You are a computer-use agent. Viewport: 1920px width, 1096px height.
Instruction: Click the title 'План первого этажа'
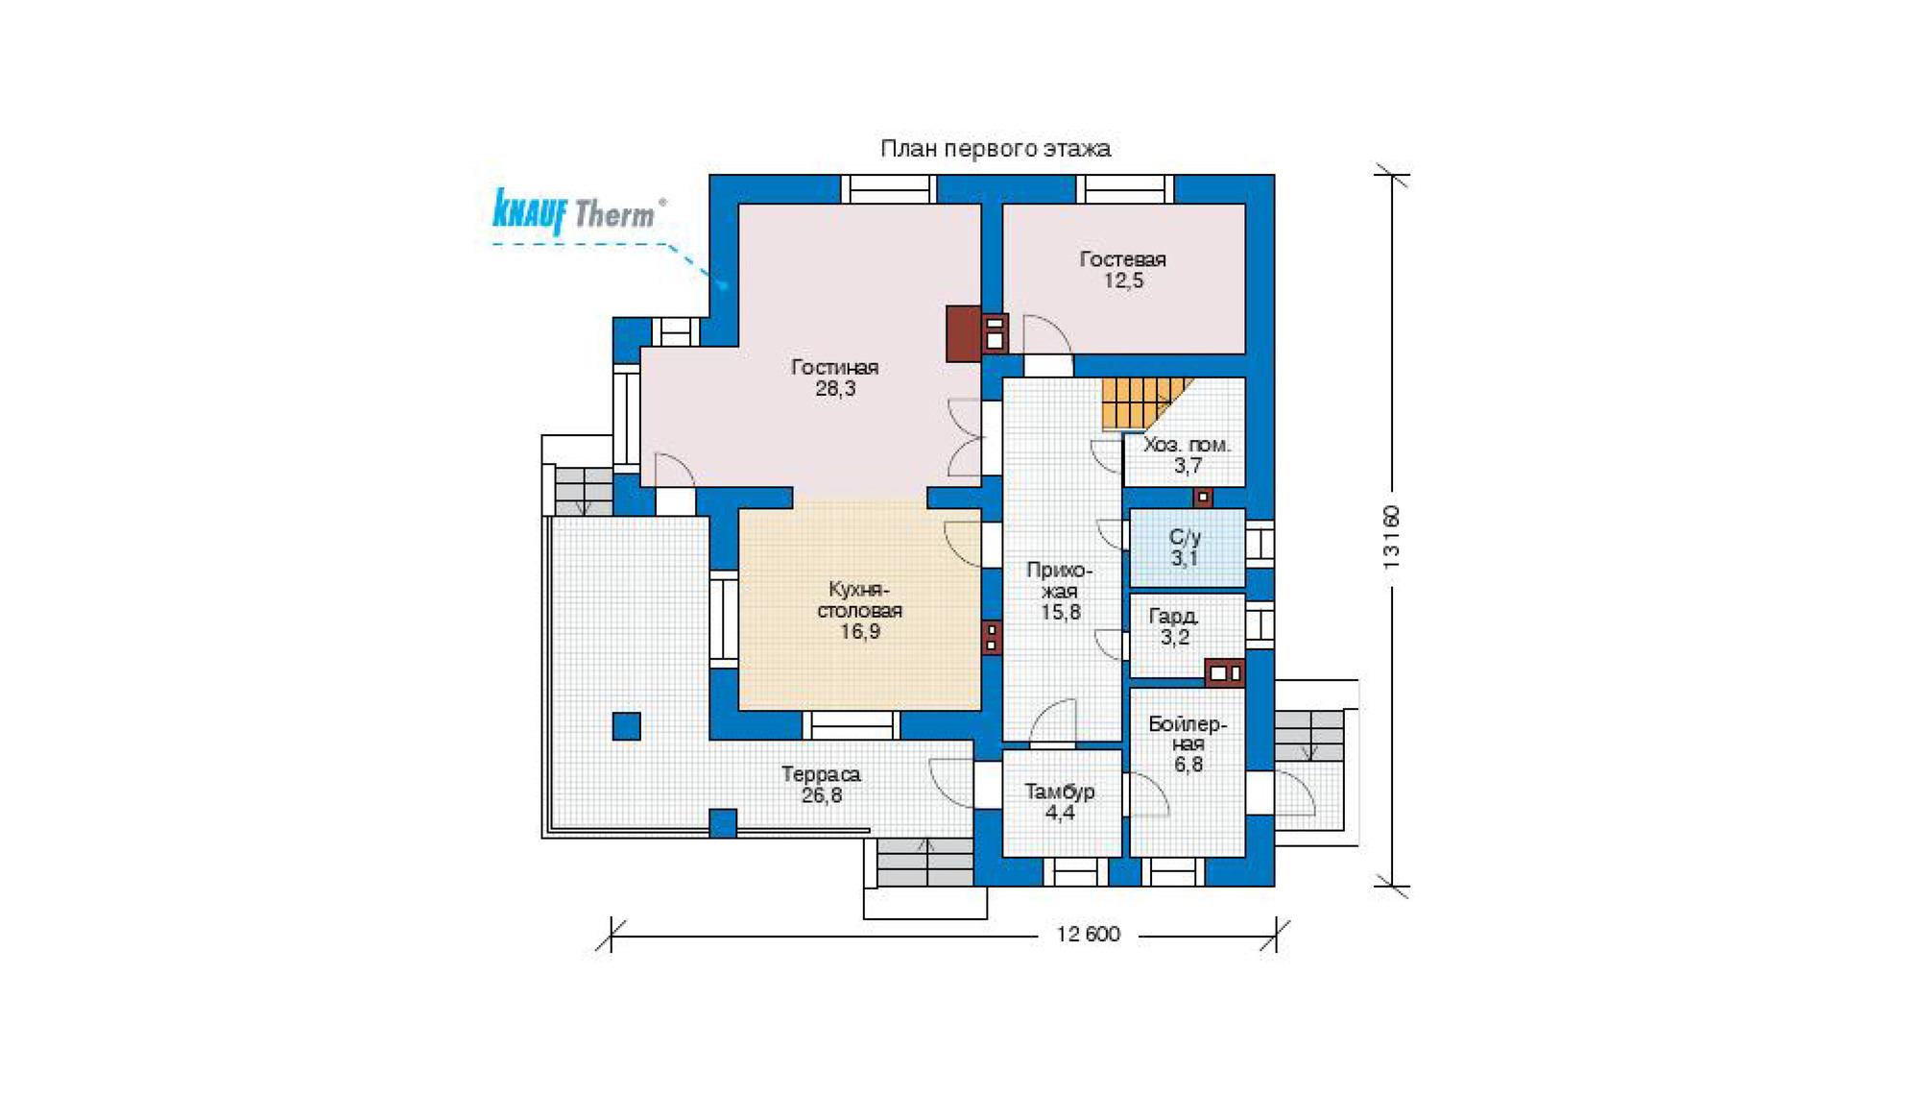(996, 149)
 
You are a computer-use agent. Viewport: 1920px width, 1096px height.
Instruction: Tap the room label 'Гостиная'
(834, 367)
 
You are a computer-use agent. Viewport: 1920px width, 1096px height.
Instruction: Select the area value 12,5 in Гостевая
(1123, 281)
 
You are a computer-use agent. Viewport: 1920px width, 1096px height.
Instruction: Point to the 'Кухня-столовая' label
(859, 600)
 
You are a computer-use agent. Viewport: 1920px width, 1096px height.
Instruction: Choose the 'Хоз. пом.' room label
(1187, 445)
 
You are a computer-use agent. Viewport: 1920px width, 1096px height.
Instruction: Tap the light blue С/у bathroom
(1188, 548)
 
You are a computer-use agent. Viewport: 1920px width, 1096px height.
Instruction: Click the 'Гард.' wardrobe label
(1173, 616)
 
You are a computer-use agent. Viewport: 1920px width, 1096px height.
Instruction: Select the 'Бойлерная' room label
(1188, 734)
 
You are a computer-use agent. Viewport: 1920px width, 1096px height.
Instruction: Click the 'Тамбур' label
(1060, 792)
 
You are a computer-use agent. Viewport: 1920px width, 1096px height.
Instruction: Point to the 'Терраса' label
(821, 774)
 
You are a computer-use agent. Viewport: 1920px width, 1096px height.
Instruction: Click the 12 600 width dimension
(1088, 935)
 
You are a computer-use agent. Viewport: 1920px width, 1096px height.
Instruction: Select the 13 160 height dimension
(1392, 538)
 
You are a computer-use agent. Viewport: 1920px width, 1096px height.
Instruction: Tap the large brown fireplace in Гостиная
(964, 333)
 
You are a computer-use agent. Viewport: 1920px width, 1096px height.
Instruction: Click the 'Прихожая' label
(1060, 580)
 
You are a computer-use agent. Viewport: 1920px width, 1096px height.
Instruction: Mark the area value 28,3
(835, 389)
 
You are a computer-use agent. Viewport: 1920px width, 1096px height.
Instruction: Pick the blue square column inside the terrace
(627, 726)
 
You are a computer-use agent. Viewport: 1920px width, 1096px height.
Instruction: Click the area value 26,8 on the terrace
(822, 796)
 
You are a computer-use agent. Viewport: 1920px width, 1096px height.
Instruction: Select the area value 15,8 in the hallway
(1061, 612)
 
